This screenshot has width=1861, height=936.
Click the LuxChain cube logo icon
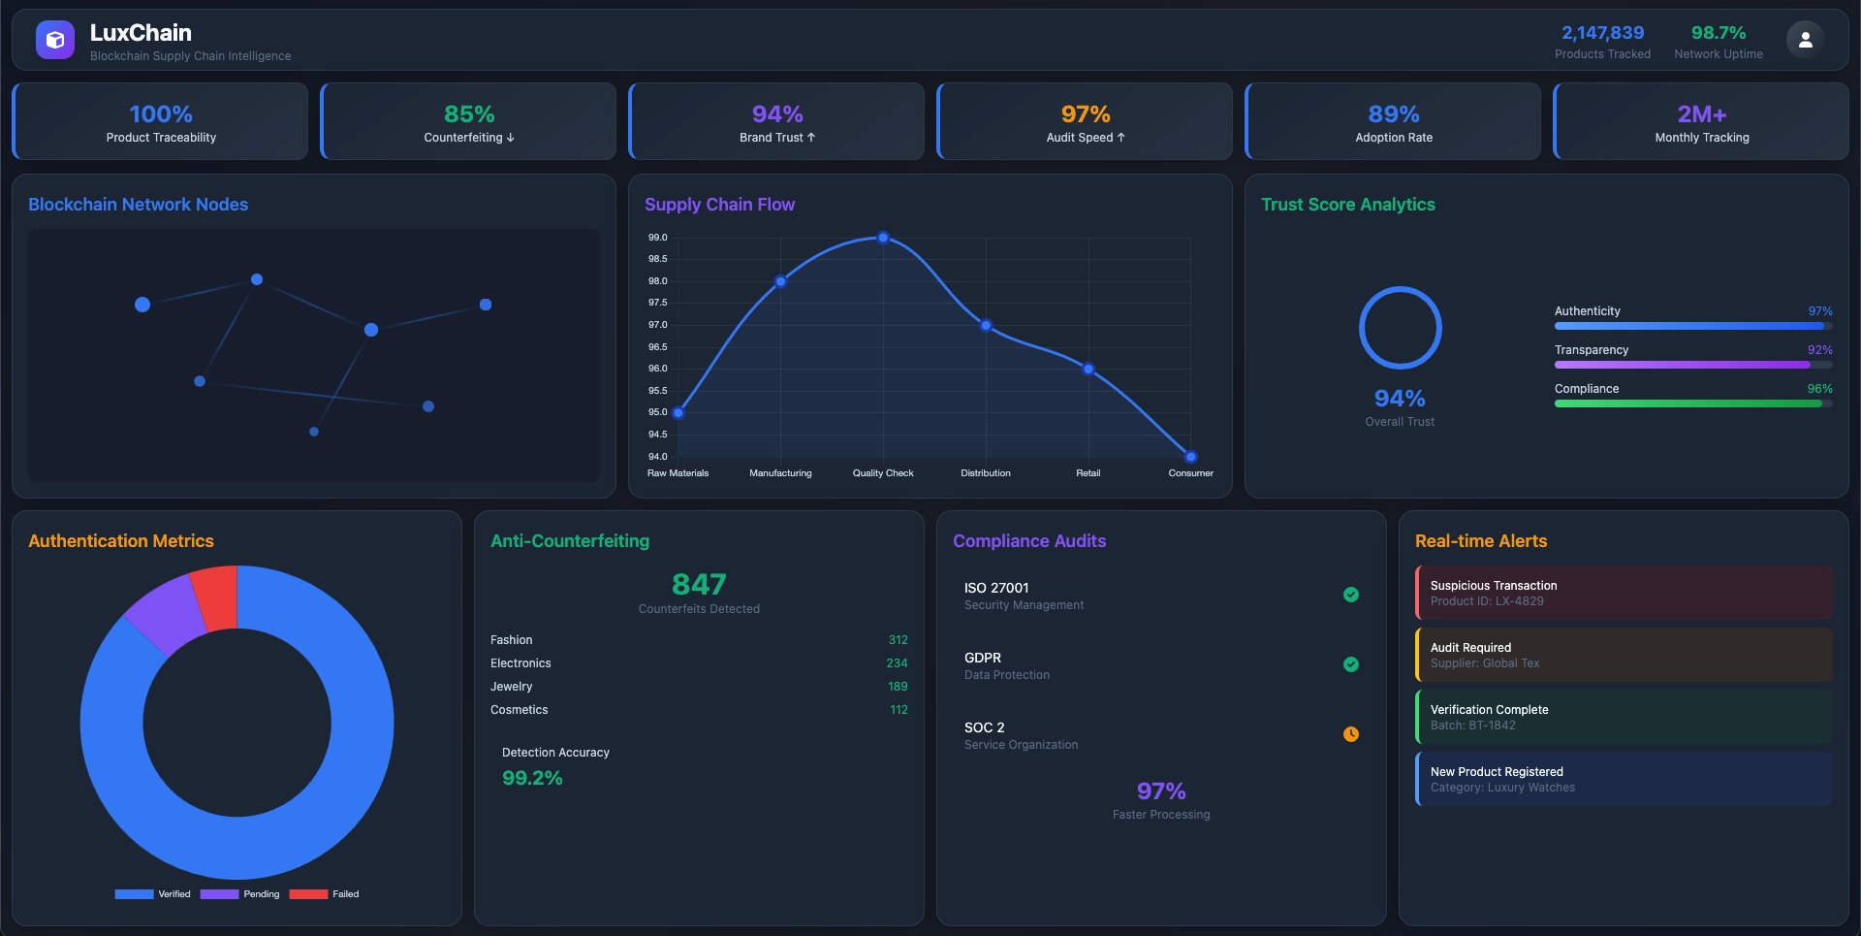pos(55,40)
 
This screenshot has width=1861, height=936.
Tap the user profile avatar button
pos(1805,40)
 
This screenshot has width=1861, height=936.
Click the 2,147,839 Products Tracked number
pos(1602,33)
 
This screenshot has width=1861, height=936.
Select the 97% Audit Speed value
pos(1085,114)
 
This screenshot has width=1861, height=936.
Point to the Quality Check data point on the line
pos(883,238)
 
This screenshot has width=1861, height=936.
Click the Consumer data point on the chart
pos(1190,457)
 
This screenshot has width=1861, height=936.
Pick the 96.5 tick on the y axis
pos(657,347)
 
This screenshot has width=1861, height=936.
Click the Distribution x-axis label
pos(985,473)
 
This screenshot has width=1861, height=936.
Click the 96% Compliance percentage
pos(1819,389)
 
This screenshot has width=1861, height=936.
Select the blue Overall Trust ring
pos(1400,328)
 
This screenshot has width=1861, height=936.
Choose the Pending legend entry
pos(240,894)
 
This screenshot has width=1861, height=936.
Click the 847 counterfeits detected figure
pos(699,584)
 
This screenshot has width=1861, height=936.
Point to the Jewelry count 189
pos(898,687)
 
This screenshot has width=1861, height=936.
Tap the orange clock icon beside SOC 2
pos(1350,734)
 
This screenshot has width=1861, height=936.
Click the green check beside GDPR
pos(1350,664)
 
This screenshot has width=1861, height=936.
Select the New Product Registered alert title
pos(1497,772)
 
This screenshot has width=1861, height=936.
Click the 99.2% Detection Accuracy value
pos(532,778)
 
